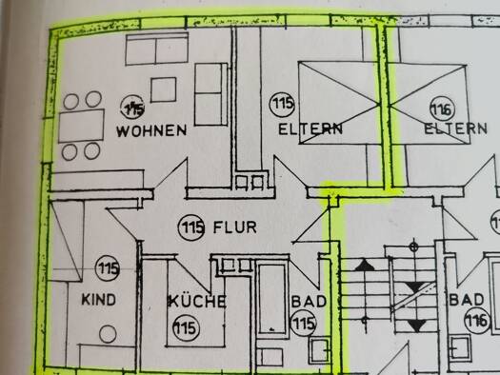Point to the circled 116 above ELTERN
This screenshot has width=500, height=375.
[x=441, y=105]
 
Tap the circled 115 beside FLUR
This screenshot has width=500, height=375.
[x=192, y=228]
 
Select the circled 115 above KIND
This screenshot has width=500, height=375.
[x=108, y=269]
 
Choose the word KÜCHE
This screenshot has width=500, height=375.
[x=197, y=302]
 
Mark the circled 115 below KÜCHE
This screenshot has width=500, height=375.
[x=185, y=328]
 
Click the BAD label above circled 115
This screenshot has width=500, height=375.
[x=309, y=301]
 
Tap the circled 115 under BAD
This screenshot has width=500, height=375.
[x=303, y=325]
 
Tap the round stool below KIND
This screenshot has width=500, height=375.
[x=108, y=334]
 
